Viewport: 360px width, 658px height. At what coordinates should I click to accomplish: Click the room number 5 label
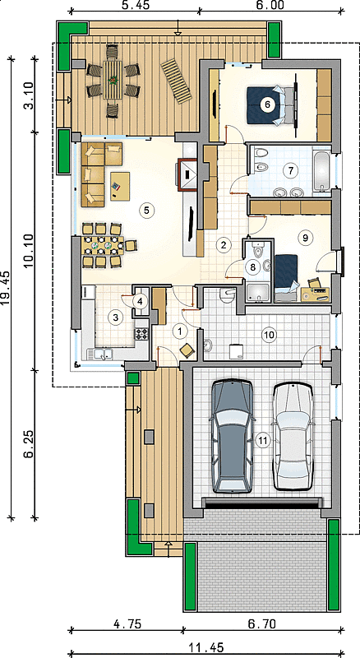pyautogui.click(x=146, y=211)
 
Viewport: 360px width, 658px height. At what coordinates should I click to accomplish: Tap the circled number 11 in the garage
pyautogui.click(x=263, y=440)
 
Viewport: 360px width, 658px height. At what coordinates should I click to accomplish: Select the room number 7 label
pyautogui.click(x=290, y=170)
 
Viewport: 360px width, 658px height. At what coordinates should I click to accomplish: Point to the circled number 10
pyautogui.click(x=269, y=335)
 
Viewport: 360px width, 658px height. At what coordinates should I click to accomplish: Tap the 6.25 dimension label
pyautogui.click(x=29, y=443)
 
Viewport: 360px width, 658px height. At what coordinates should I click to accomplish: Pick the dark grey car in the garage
pyautogui.click(x=232, y=437)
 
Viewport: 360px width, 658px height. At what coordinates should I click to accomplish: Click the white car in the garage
pyautogui.click(x=293, y=437)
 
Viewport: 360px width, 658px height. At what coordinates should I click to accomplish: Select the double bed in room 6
pyautogui.click(x=270, y=105)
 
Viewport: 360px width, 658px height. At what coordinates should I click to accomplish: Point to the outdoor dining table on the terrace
pyautogui.click(x=113, y=80)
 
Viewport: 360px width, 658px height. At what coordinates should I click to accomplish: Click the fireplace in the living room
pyautogui.click(x=187, y=174)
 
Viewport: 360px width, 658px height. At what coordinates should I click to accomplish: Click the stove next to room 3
pyautogui.click(x=141, y=334)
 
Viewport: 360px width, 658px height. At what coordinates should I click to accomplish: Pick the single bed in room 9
pyautogui.click(x=287, y=277)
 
